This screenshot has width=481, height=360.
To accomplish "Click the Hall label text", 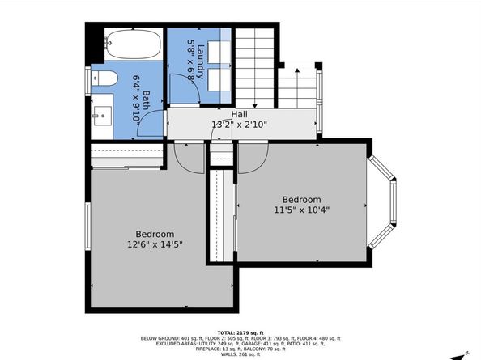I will (x=240, y=115).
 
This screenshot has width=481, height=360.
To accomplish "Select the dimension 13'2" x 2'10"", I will (x=240, y=125).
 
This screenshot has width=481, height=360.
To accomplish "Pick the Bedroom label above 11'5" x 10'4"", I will (x=301, y=200).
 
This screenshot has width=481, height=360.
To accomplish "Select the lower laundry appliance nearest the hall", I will (x=219, y=81).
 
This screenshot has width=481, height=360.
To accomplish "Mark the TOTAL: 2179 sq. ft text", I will (x=240, y=330).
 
